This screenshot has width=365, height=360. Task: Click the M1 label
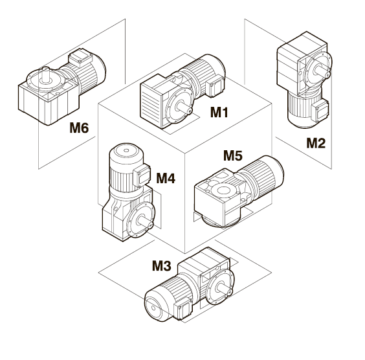219,112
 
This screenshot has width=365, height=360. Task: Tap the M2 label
316,143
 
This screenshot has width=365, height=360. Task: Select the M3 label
162,265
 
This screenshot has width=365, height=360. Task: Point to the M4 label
166,178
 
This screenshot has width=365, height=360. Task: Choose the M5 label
233,155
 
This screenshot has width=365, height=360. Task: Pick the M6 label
79,128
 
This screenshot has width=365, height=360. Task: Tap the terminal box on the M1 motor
214,87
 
